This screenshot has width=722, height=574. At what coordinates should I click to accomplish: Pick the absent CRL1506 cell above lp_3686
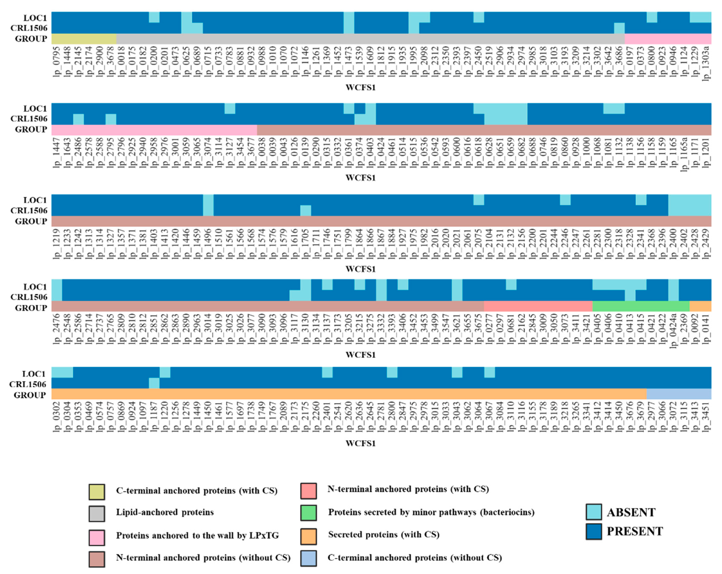(x=619, y=28)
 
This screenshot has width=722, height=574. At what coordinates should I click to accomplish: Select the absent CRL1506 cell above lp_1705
(x=305, y=210)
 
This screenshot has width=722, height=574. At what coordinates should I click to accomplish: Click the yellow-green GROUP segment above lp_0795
(x=84, y=39)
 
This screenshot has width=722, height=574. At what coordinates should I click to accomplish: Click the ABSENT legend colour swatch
(x=594, y=512)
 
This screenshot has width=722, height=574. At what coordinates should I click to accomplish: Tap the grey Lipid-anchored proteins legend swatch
(x=97, y=513)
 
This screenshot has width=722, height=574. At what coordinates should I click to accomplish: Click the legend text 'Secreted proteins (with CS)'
(x=383, y=534)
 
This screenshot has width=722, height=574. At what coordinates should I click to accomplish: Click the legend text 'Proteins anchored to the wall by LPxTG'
(x=197, y=535)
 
